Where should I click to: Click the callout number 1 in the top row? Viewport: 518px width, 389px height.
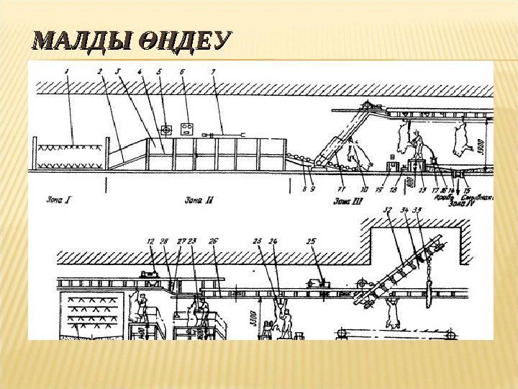pyautogui.click(x=66, y=71)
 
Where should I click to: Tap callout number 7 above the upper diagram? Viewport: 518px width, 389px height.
pyautogui.click(x=213, y=71)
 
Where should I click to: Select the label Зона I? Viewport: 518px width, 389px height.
pyautogui.click(x=58, y=200)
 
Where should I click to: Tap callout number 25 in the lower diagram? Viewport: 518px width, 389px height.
pyautogui.click(x=311, y=241)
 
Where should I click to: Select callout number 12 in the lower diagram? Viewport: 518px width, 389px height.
pyautogui.click(x=150, y=241)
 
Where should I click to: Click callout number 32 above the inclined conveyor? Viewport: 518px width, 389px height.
pyautogui.click(x=388, y=210)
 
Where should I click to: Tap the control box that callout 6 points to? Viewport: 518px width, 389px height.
pyautogui.click(x=190, y=129)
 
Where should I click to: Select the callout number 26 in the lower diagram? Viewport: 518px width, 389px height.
pyautogui.click(x=213, y=241)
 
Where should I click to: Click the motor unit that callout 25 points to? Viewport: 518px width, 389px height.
pyautogui.click(x=317, y=283)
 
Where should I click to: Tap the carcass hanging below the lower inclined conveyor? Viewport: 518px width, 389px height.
pyautogui.click(x=393, y=311)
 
